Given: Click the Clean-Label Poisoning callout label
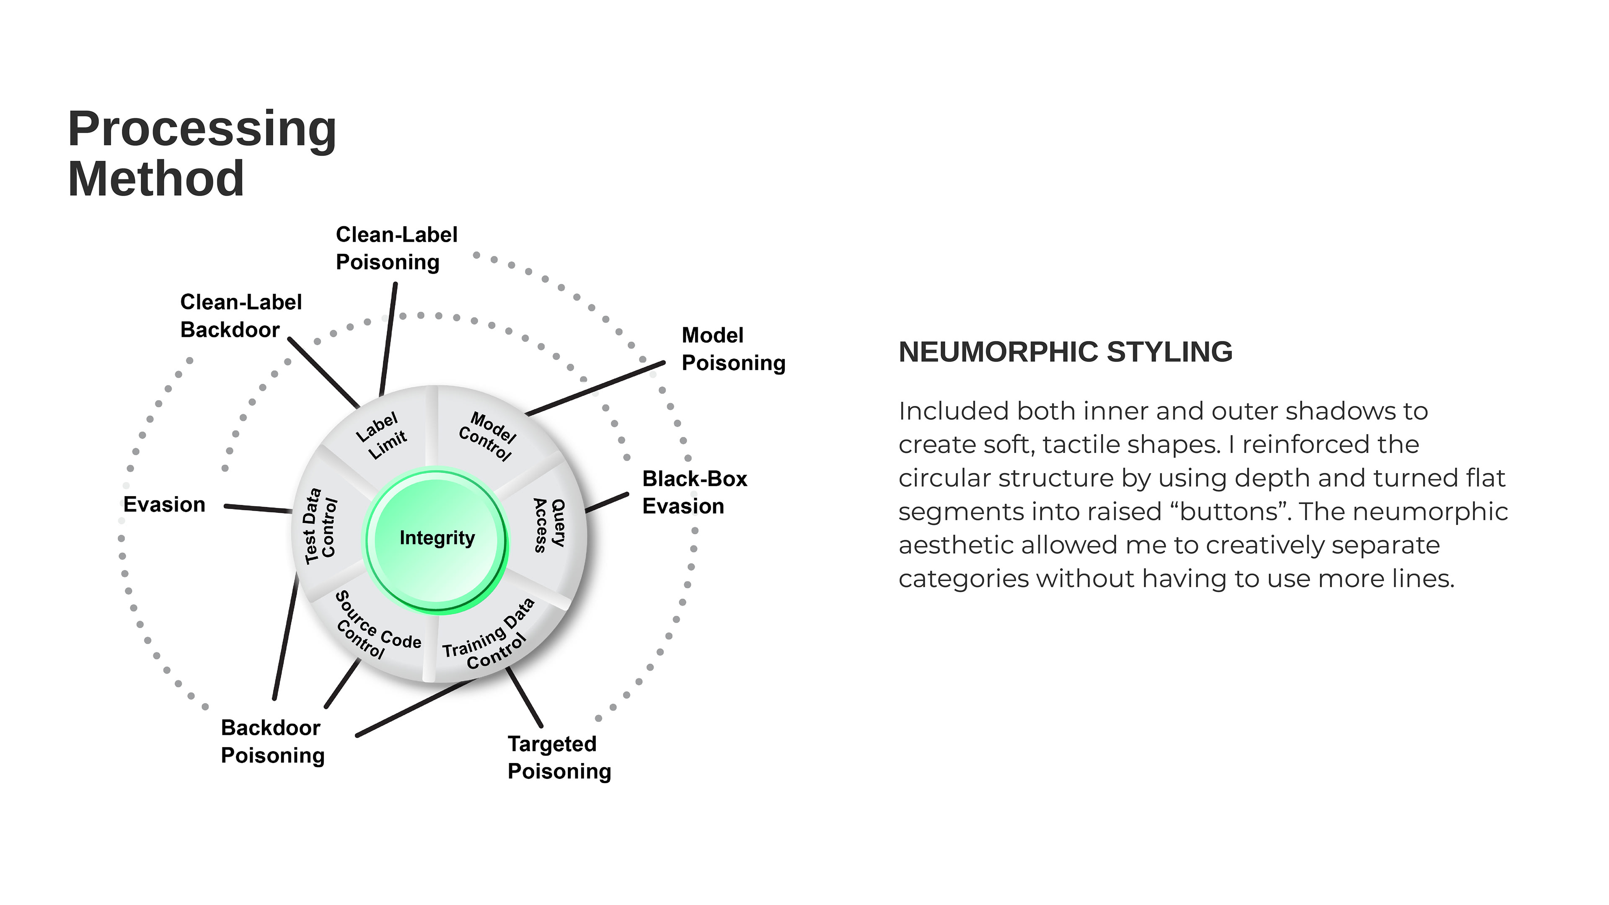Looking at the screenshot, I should pos(396,248).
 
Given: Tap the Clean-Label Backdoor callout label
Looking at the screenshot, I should pos(241,316).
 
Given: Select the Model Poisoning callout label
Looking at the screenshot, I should pos(733,349).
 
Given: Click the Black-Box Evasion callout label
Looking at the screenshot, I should pos(694,492).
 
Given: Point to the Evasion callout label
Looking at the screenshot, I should pos(164,504).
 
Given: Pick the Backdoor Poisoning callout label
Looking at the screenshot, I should pos(272,741).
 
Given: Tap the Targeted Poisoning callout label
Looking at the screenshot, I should pos(559,758).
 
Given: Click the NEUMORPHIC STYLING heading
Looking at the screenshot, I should pos(1065,352).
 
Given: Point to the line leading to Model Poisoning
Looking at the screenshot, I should pos(597,388).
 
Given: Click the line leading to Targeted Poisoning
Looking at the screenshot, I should pos(524,696).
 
